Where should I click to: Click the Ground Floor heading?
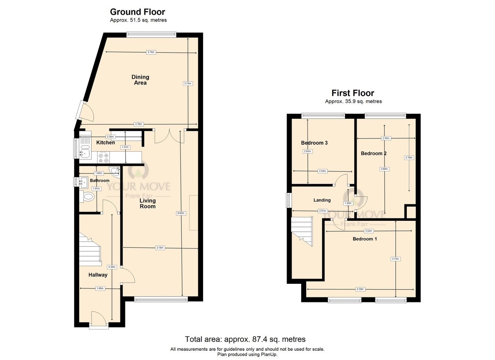pos(137,12)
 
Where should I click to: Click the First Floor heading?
pos(353,93)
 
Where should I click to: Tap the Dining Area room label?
pos(140,80)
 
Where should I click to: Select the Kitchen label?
pos(106,143)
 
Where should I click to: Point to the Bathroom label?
pos(100,181)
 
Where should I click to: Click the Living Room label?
pos(147,203)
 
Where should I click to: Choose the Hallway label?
pos(98,275)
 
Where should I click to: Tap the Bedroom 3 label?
pos(314,143)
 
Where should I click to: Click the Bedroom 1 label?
pos(364,239)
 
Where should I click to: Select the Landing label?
pos(322,200)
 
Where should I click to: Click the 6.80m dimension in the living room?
pos(181,213)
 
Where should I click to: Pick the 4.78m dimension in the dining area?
pos(139,124)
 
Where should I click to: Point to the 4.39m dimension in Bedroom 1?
pos(360,289)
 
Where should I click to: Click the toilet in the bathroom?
pos(87,197)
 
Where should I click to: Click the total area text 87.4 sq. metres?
pos(245,340)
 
